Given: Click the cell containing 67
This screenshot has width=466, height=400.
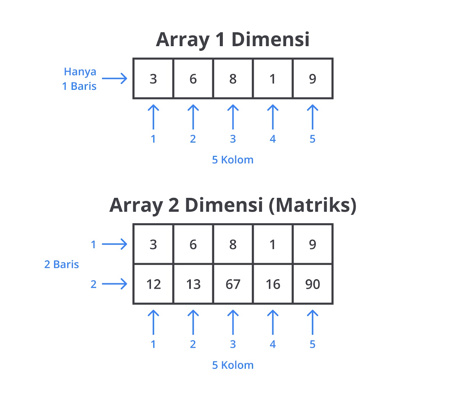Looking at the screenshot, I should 233,284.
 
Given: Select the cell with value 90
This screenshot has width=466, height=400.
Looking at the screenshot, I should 313,284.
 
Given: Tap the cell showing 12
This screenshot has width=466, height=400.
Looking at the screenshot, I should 153,284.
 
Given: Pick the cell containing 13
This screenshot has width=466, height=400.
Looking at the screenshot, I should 193,284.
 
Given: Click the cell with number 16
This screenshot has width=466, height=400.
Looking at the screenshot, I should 273,284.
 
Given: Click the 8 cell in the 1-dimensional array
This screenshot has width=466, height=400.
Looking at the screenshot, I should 233,79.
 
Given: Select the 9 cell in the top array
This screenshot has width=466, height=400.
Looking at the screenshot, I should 313,79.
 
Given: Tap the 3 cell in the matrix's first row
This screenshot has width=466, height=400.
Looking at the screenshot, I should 153,244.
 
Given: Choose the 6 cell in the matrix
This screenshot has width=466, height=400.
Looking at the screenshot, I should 193,244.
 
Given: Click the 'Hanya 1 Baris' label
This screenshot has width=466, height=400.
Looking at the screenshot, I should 80,79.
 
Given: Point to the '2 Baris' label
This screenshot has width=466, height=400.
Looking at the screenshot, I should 61,264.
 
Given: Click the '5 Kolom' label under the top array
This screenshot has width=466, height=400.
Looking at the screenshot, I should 233,160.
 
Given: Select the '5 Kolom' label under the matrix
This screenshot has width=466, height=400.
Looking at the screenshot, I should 233,365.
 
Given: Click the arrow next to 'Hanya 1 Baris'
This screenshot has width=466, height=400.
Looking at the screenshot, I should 114,78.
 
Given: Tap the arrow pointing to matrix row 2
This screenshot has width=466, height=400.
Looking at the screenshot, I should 114,284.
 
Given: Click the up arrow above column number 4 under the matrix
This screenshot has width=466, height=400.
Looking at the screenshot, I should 273,322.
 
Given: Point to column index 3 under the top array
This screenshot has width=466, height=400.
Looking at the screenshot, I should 233,139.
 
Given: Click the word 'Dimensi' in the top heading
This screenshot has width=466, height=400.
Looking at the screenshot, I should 270,39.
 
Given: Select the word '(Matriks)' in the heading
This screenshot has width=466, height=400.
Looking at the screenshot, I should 313,205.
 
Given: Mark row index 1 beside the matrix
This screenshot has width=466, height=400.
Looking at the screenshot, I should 93,244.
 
